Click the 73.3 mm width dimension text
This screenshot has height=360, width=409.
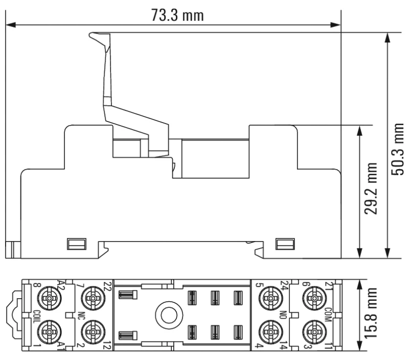177,15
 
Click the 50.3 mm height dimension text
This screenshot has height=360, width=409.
398,149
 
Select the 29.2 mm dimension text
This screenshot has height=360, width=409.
371,188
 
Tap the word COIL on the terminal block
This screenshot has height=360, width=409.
35,317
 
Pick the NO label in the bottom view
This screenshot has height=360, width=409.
283,315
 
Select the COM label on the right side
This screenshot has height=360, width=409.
328,315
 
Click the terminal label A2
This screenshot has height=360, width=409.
61,285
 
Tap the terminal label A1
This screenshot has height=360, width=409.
61,345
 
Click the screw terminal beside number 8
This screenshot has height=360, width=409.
49,298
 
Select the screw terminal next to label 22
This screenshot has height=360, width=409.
93,298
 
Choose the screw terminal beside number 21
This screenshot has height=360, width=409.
314,298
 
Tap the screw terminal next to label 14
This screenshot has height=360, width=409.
271,331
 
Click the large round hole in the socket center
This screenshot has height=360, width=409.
169,315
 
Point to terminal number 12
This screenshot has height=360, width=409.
108,346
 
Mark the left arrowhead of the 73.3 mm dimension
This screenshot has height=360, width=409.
10,25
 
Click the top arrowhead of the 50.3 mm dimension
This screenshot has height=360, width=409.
388,37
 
